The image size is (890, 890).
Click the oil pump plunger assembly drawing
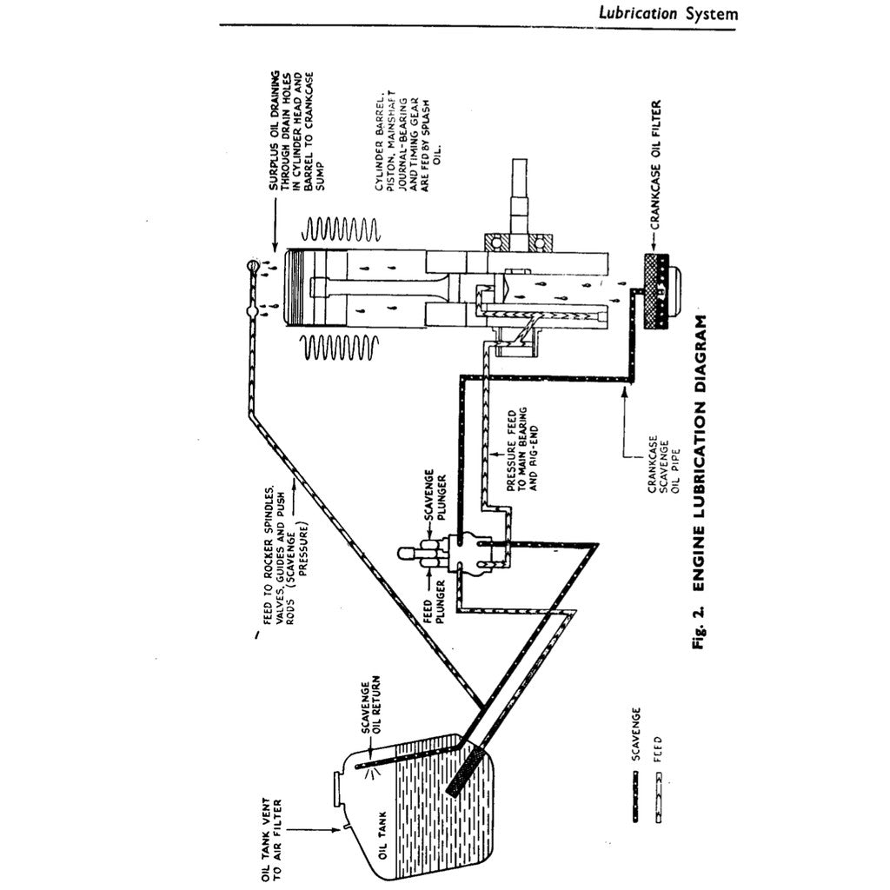[453, 555]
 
